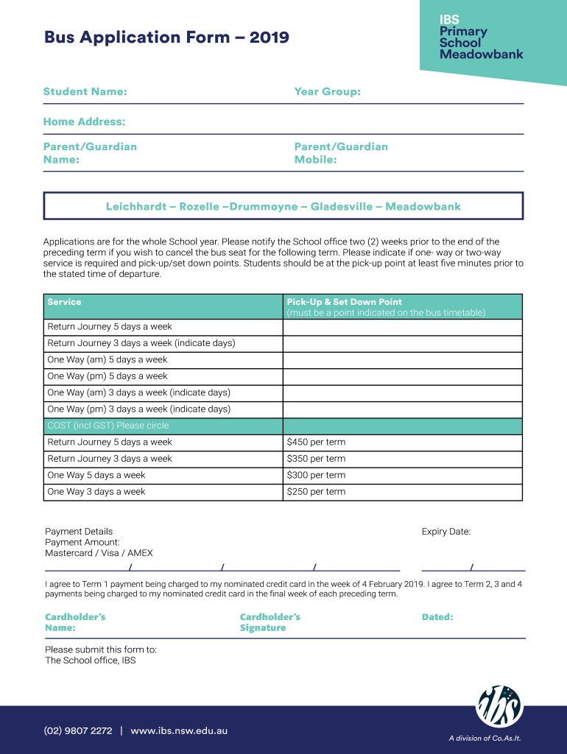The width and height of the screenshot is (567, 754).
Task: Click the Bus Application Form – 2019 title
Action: coord(166,38)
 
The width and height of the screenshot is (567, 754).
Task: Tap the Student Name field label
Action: coord(85,92)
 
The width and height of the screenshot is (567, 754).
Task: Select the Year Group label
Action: coord(327,92)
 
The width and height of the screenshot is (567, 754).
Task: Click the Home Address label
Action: coord(84,121)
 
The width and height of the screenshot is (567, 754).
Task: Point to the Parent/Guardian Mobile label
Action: coord(340,152)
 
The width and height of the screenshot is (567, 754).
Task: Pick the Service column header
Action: coord(65,302)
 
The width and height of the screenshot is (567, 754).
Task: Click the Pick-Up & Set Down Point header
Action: coord(344,302)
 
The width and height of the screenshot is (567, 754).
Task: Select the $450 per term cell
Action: coord(316,443)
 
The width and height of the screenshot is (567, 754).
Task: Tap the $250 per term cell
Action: coord(316,492)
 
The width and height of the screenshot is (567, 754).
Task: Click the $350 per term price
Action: coord(316,459)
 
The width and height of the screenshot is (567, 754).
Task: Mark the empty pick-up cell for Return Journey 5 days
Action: coord(402,327)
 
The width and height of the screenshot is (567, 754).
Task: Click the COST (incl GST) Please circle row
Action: coord(108,426)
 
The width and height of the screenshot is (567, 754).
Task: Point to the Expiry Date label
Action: coord(445,532)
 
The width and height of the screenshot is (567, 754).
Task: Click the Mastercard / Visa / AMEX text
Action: coord(99,553)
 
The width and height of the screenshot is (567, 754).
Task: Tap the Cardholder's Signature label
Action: coord(270,622)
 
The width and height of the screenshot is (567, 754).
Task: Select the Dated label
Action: coord(437,617)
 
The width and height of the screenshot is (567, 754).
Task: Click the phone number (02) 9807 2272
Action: coord(78,731)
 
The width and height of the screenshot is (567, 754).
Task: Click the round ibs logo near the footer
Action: coord(499,707)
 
